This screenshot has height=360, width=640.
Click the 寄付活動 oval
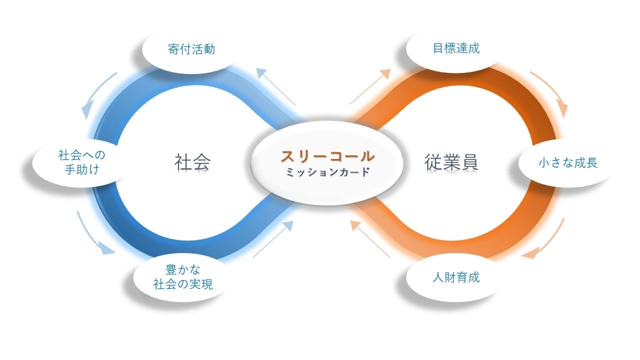(191, 49)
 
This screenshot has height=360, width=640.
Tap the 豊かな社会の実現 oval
(182, 277)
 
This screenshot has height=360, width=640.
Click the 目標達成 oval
(455, 48)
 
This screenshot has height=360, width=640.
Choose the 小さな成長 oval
(567, 163)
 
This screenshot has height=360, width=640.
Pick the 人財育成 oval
(455, 277)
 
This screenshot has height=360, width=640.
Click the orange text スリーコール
(327, 156)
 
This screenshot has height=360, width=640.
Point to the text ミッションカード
(328, 172)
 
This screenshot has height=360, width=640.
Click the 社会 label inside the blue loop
(192, 162)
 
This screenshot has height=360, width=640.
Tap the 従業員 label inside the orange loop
(451, 162)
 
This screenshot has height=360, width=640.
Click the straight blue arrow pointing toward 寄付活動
(276, 87)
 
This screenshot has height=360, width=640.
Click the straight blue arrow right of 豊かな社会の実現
(273, 239)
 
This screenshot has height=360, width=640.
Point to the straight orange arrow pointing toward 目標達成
(370, 87)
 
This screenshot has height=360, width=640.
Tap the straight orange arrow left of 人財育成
(370, 239)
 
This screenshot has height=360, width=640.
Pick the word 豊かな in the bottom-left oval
(182, 270)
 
